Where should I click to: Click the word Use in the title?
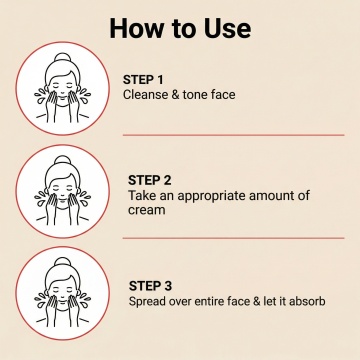click(228, 28)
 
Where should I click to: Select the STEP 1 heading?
click(143, 80)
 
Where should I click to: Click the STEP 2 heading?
click(150, 180)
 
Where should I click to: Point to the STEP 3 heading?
click(151, 286)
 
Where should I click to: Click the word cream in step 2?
click(147, 210)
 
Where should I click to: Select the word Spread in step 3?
click(147, 302)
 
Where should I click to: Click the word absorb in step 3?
click(307, 301)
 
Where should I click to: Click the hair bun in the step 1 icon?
click(63, 58)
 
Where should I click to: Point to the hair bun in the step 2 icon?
click(63, 160)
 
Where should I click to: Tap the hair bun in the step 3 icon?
click(63, 262)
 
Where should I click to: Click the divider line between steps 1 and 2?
click(233, 135)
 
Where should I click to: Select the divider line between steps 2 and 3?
click(233, 238)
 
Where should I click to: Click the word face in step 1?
click(223, 95)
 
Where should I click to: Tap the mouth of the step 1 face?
click(63, 97)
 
